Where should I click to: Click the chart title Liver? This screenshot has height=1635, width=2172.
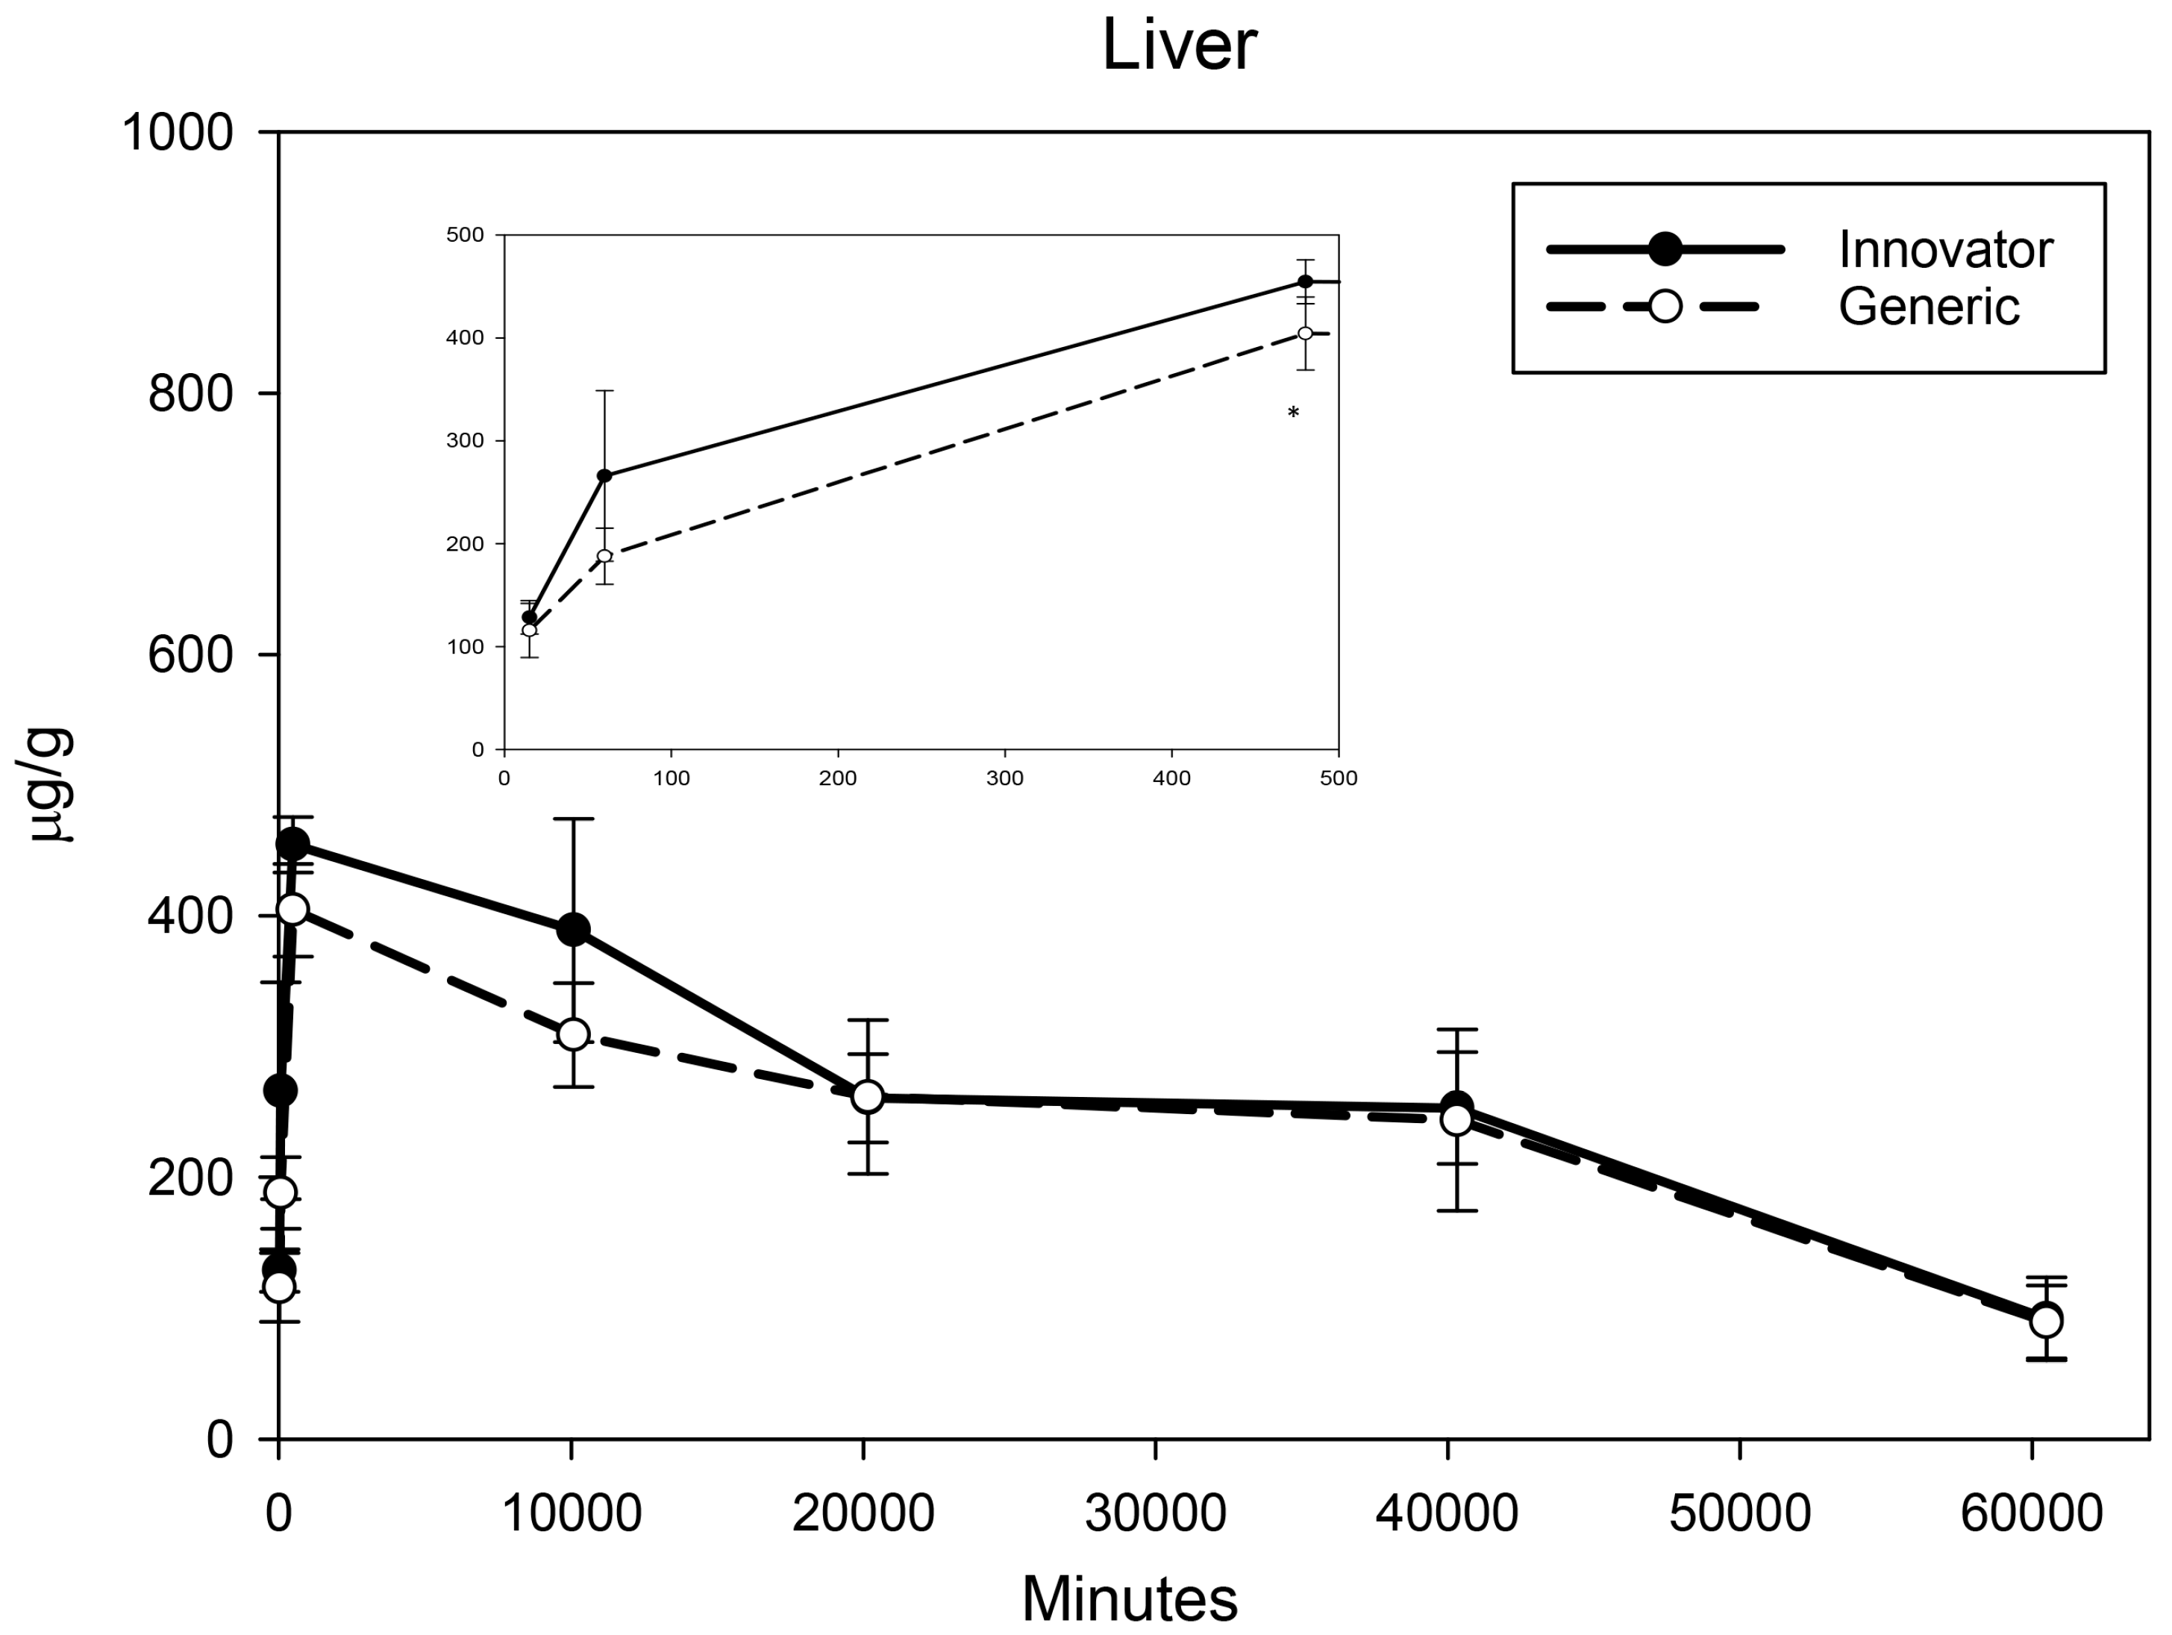point(1178,46)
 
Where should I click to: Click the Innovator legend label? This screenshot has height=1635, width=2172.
point(1944,251)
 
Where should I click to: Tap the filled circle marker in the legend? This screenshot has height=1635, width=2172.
point(1665,249)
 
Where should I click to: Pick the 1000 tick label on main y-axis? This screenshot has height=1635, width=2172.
point(178,133)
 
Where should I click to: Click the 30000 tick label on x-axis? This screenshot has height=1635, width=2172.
point(1155,1513)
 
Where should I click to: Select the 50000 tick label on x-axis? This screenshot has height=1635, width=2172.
point(1739,1513)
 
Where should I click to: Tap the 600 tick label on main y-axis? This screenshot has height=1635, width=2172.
point(192,655)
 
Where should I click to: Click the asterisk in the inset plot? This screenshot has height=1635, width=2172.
point(1293,414)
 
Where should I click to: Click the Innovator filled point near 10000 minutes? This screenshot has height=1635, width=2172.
point(574,929)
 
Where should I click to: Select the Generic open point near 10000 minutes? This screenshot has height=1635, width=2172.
point(574,1034)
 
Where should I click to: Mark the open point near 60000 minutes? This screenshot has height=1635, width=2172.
point(2045,1321)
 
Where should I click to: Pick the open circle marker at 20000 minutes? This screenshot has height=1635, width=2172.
point(867,1097)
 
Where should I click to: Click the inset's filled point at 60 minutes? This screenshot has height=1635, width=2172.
point(605,475)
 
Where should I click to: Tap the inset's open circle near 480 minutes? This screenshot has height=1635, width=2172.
point(1305,334)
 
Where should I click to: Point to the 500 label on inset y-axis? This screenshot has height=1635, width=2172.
point(466,235)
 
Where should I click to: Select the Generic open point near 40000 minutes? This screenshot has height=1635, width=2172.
point(1456,1119)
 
